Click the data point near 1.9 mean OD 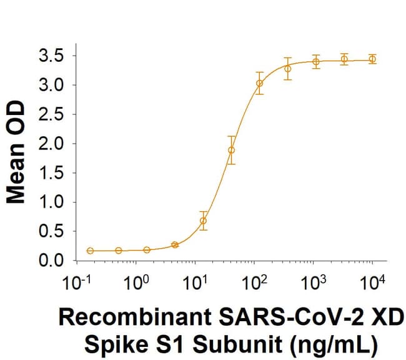[x=232, y=150]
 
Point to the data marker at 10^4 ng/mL [x=372, y=59]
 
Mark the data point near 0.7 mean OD [x=203, y=221]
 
